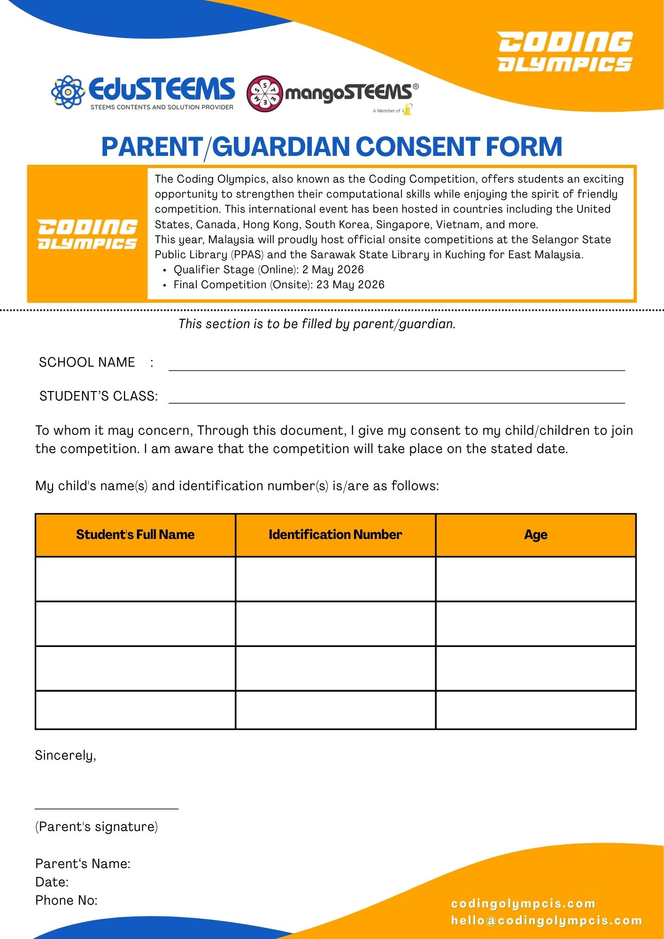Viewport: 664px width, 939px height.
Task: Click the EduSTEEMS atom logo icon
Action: pos(68,92)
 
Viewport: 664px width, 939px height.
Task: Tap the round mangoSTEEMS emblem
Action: pos(265,93)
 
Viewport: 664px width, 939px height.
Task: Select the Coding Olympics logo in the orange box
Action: pos(87,234)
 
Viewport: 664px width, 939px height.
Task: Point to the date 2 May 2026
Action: pos(333,269)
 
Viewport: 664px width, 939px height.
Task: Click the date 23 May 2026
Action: pos(350,285)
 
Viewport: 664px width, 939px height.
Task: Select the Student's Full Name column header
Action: pos(135,535)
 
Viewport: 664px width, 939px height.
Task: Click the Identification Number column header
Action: pos(335,535)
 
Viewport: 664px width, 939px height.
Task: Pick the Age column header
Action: pos(536,535)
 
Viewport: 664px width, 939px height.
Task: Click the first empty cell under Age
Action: pos(536,579)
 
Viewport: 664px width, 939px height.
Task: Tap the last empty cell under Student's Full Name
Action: pos(135,709)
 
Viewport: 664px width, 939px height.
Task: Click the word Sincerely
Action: pos(65,755)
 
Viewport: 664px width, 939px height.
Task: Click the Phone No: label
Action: pos(66,901)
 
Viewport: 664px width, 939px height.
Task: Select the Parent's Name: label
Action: pos(83,864)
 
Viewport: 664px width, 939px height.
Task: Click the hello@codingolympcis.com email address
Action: pos(546,921)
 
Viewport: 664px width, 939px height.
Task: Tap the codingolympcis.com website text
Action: pos(523,904)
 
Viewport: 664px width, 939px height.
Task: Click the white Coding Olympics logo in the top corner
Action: pos(565,52)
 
